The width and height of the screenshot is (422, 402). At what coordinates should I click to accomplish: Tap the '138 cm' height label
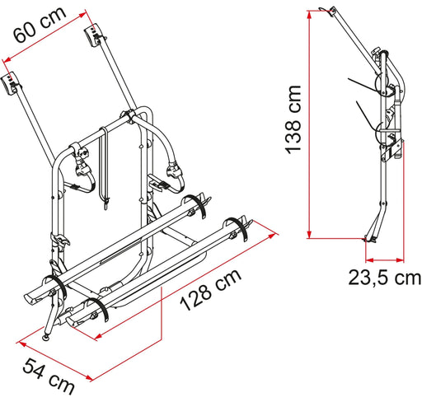pos(289,119)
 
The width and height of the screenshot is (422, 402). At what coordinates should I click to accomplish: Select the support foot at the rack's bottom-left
pos(45,336)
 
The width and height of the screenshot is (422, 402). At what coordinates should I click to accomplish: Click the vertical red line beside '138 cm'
pos(308,124)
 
